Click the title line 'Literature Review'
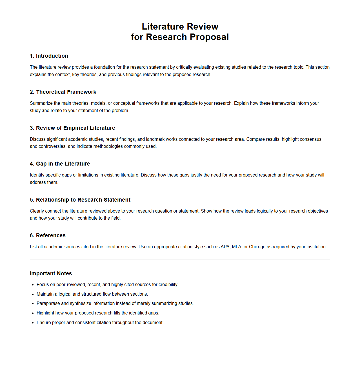tap(180, 26)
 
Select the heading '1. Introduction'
tap(49, 56)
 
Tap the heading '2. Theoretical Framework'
tap(63, 92)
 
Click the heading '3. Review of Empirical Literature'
tap(72, 128)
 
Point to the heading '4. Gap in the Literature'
tap(60, 164)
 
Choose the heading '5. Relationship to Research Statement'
tap(80, 200)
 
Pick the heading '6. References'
tap(48, 235)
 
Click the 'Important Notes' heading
tap(51, 273)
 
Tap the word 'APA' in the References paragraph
tap(225, 247)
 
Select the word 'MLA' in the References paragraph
tap(237, 247)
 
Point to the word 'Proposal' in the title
tap(209, 37)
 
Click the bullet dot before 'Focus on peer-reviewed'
tap(33, 285)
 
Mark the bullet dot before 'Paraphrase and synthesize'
tap(33, 304)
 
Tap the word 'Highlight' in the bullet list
tap(46, 313)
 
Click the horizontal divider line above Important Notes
tap(180, 260)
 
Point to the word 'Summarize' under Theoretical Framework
tap(41, 103)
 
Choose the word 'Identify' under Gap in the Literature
tap(37, 175)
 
